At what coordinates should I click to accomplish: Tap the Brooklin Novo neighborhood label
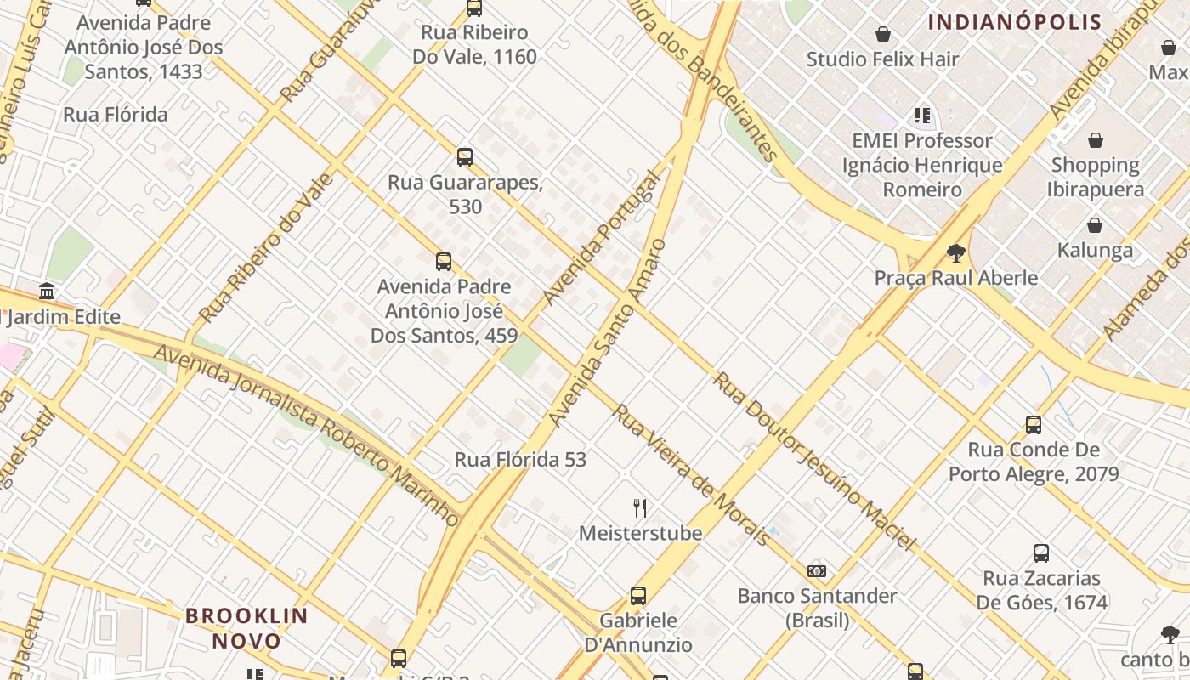[246, 627]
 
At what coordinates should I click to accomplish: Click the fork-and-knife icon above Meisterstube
[640, 508]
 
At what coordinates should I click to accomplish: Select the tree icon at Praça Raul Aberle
[956, 252]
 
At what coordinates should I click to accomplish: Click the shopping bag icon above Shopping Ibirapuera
[1096, 139]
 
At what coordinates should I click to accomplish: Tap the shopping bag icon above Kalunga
[1095, 225]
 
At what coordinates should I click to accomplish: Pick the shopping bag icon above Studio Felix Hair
[883, 34]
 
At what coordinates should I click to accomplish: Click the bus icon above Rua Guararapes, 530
[464, 157]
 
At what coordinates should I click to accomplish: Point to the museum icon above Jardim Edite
[47, 292]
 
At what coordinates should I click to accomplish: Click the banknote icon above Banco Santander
[817, 570]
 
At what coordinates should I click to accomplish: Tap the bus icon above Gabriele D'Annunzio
[638, 596]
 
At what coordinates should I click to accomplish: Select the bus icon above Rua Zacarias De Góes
[1041, 553]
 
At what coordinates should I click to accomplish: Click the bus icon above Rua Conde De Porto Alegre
[1034, 425]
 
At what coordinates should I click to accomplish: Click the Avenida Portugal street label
[602, 239]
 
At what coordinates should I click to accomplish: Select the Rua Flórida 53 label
[520, 460]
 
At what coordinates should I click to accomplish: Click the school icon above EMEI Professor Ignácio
[921, 115]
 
